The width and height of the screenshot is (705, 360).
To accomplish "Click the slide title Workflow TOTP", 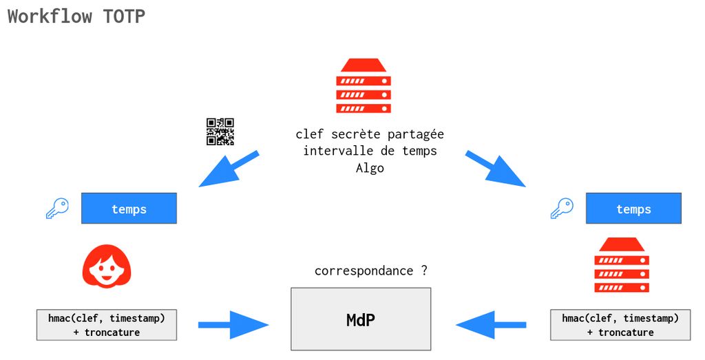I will [x=76, y=17].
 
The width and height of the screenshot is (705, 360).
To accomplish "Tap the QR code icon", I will [x=220, y=131].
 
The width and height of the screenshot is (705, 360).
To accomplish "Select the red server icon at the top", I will [x=364, y=86].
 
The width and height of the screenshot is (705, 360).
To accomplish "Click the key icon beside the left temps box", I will [x=57, y=209].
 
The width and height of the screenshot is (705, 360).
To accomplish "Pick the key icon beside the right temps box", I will [x=562, y=209].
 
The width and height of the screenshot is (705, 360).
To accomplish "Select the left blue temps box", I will [x=129, y=209].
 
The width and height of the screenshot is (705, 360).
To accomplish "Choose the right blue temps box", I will [x=633, y=209].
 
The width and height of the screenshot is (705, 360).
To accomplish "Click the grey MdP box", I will [x=361, y=319].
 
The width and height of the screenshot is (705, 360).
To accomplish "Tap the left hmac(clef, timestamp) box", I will [x=107, y=325].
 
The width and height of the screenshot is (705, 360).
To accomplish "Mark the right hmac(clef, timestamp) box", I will [x=620, y=325].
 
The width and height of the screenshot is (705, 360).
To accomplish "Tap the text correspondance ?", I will [x=371, y=271].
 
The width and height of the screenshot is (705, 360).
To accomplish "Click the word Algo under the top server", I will [x=370, y=168].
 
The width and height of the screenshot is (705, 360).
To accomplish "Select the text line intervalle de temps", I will [x=370, y=151].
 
